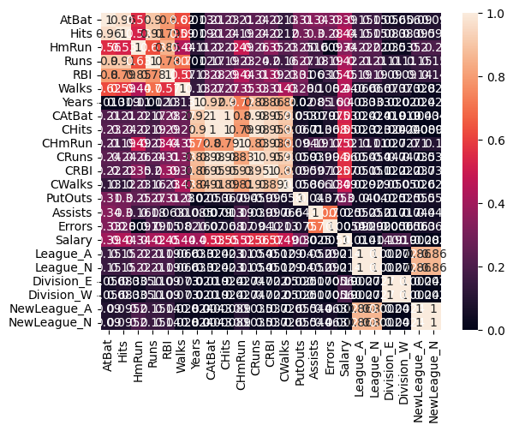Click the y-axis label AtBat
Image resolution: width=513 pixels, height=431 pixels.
[x=75, y=20]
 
